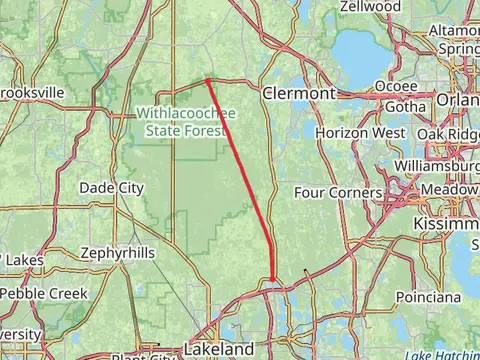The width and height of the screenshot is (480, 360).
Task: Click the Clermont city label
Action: point(298,93)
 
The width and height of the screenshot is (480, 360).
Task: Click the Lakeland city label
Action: point(218,349)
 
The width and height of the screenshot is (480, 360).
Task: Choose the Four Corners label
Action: point(338,192)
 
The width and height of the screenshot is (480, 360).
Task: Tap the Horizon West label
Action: point(359,133)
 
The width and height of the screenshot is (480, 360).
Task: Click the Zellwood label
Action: point(370,6)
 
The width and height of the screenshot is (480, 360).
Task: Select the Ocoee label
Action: point(395,87)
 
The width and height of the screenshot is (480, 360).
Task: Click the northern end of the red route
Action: point(206,79)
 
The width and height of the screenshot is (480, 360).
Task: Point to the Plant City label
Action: point(140,356)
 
